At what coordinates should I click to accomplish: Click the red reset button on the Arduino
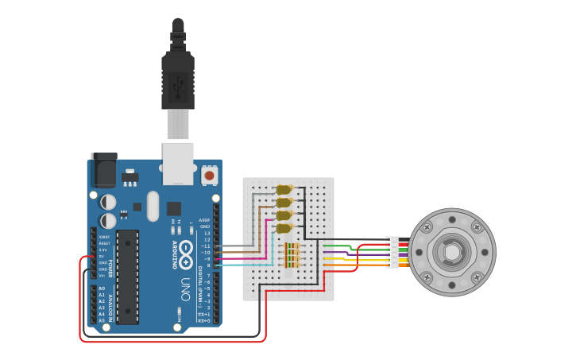click(x=209, y=174)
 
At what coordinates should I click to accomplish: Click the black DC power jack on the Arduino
click(x=103, y=169)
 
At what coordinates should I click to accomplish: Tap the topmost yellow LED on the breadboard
click(x=284, y=189)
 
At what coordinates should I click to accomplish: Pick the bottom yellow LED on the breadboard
click(x=284, y=228)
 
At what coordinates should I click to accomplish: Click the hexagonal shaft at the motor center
click(x=451, y=253)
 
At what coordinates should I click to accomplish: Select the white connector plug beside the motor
click(x=392, y=252)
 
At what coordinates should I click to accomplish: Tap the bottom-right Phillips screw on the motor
click(x=476, y=277)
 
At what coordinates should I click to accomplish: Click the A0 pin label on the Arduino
click(x=101, y=289)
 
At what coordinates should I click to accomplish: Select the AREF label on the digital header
click(x=204, y=220)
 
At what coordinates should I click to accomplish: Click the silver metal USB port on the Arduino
click(x=178, y=163)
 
